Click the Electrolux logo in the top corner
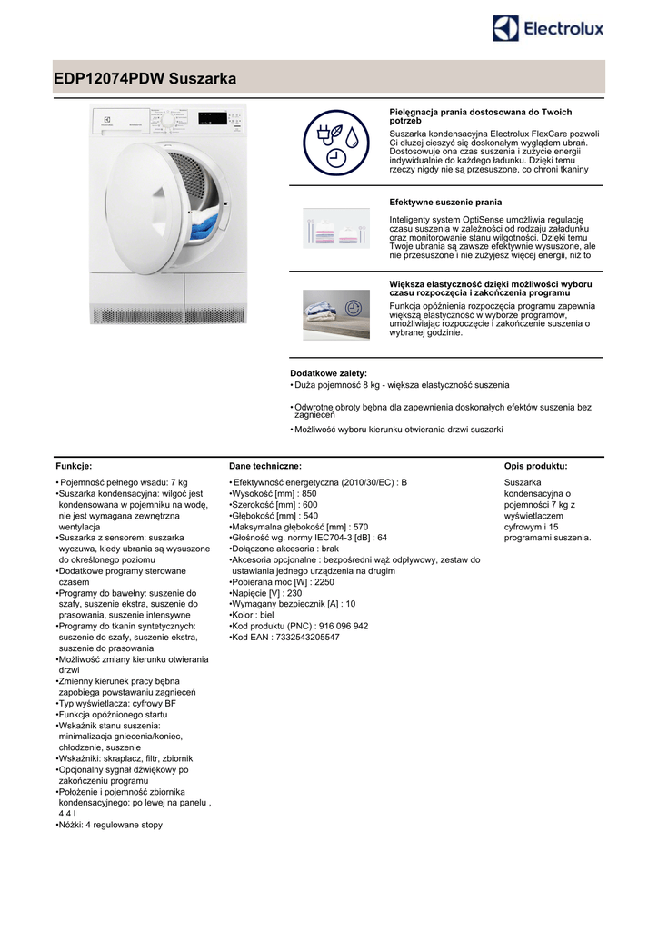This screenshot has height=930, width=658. pyautogui.click(x=548, y=28)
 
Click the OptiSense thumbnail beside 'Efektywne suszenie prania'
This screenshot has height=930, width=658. pyautogui.click(x=336, y=228)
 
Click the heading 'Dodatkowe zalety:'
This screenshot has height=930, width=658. pyautogui.click(x=328, y=373)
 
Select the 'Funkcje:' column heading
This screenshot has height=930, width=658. pyautogui.click(x=74, y=466)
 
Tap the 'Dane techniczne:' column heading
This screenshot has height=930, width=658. pyautogui.click(x=265, y=466)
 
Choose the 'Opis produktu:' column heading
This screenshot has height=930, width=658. pyautogui.click(x=535, y=466)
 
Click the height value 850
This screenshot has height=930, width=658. pyautogui.click(x=309, y=493)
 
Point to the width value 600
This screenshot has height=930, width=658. pyautogui.click(x=310, y=504)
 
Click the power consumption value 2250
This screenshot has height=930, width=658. pyautogui.click(x=323, y=582)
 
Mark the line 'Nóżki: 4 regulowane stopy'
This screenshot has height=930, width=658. pyautogui.click(x=110, y=825)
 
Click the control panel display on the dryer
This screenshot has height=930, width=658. pyautogui.click(x=210, y=117)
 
